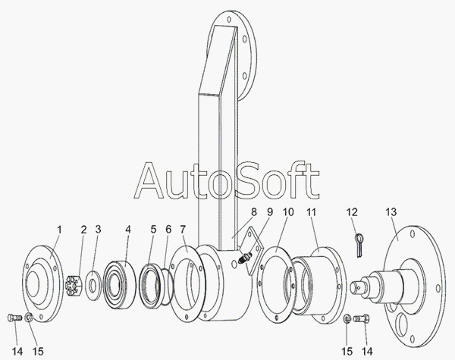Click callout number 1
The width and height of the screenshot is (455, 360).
[58, 228]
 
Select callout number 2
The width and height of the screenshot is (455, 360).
[84, 228]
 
